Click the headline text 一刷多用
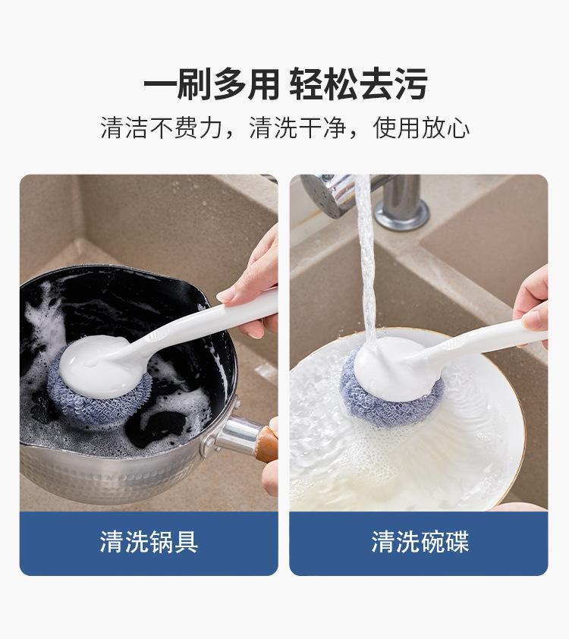(x=211, y=84)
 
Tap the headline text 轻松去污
(x=358, y=84)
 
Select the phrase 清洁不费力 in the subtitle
(x=162, y=127)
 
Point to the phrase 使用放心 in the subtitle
(x=421, y=127)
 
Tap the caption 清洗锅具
(x=149, y=542)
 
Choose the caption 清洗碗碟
(x=420, y=542)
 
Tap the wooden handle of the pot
(x=268, y=443)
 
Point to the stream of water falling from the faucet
(x=368, y=261)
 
